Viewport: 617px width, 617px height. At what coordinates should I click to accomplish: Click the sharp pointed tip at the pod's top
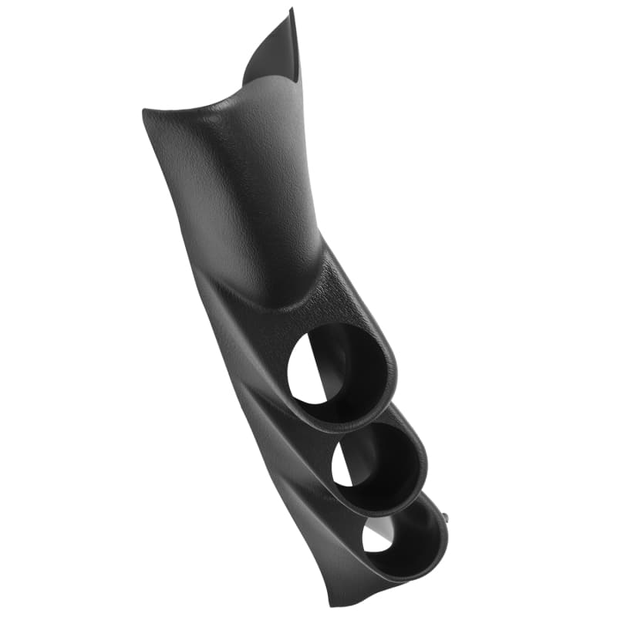(x=292, y=11)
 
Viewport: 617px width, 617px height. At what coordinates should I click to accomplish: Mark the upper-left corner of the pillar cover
(x=145, y=113)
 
